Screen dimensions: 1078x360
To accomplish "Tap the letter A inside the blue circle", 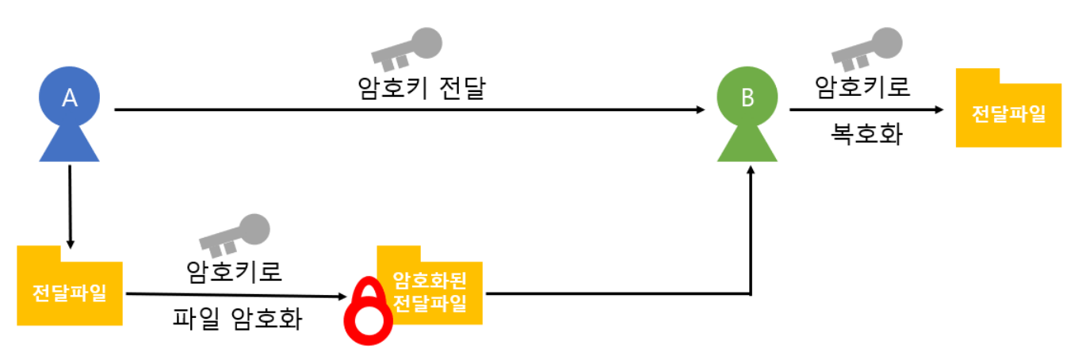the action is click(x=69, y=98).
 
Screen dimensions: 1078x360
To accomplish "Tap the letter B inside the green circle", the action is click(x=747, y=98).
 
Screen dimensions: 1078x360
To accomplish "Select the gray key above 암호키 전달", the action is click(x=407, y=48).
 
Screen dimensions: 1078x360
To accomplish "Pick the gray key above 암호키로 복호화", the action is click(x=866, y=48).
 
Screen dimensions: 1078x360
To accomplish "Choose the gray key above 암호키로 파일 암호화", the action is click(x=234, y=234).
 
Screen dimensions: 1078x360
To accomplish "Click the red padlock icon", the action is click(x=367, y=312).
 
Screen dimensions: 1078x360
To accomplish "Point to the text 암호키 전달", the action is click(x=422, y=87).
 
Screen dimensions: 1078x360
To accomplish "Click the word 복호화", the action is click(x=866, y=135).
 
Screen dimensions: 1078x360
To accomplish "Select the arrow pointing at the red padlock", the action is click(x=237, y=296).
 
